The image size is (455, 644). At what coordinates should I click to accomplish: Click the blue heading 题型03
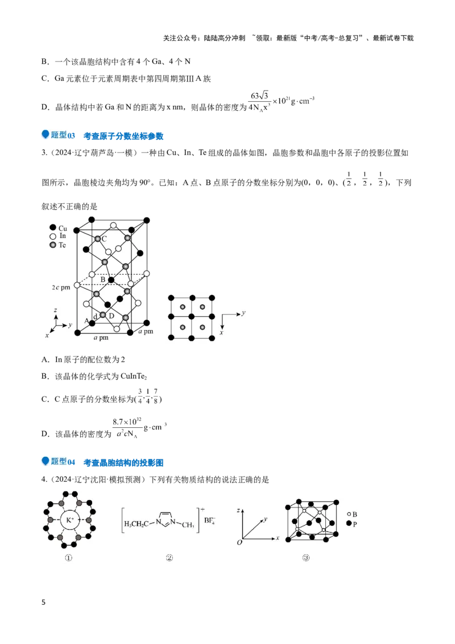pos(63,135)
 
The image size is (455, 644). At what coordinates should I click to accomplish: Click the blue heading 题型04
pos(63,461)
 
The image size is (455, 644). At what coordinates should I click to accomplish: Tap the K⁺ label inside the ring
pos(70,520)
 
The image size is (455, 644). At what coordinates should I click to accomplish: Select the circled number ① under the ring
pos(69,558)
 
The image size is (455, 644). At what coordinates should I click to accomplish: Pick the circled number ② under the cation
pos(169,558)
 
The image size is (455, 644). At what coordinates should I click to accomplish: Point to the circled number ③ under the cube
pos(306,558)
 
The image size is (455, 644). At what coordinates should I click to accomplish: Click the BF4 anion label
pos(209,521)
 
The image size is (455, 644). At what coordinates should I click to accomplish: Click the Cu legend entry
pos(59,228)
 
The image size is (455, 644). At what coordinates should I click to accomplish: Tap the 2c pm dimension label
pos(61,287)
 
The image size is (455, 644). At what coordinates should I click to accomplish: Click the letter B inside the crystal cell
pos(103,280)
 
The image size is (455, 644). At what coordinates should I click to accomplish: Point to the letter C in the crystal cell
pos(104,238)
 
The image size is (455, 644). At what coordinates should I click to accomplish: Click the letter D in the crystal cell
pos(111,316)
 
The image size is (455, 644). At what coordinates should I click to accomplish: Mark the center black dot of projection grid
pos(192,317)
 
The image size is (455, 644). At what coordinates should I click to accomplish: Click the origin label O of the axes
pos(239,543)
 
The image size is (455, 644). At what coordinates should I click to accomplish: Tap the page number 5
pos(44,602)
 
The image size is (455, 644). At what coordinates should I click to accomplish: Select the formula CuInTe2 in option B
pos(134,376)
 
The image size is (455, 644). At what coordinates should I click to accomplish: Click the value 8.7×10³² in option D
pos(127,422)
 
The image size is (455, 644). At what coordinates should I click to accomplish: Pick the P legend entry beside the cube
pos(352,523)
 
